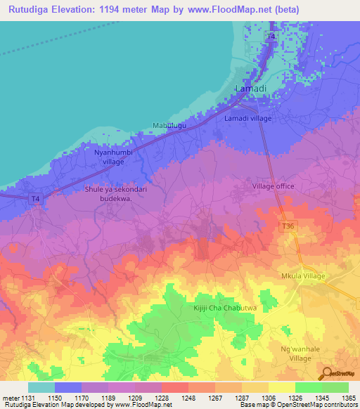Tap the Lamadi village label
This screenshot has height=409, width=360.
[x=247, y=119]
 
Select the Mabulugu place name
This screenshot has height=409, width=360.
[x=169, y=126]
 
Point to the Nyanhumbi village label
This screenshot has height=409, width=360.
[x=104, y=156]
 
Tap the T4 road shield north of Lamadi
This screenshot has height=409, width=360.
[x=271, y=36]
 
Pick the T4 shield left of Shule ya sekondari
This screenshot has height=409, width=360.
[x=36, y=199]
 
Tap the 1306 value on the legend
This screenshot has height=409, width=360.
[x=269, y=397]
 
